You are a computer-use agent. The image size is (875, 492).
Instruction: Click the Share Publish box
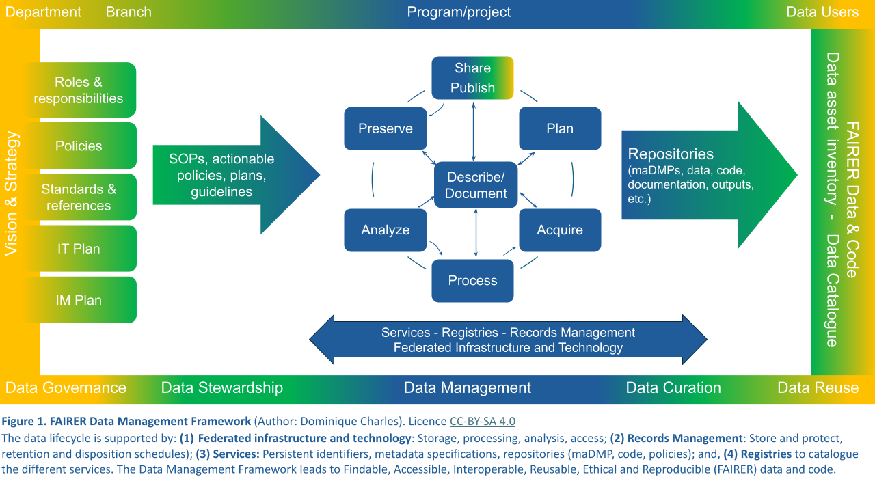(472, 77)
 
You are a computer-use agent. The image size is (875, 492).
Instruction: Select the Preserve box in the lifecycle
(386, 128)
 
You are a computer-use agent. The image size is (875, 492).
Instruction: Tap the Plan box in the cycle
(560, 128)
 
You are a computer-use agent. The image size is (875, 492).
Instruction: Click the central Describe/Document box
(476, 185)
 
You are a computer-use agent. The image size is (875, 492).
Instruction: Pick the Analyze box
(386, 230)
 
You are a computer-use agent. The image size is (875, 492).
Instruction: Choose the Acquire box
(560, 230)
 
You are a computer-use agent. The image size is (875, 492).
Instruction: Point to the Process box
(472, 281)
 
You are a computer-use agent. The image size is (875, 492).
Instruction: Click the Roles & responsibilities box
(79, 90)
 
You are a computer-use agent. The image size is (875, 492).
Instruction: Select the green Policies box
(79, 146)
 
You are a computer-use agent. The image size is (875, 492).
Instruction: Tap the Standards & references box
(79, 197)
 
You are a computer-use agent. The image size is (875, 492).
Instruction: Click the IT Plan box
(79, 249)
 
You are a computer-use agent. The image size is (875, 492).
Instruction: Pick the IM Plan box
(79, 300)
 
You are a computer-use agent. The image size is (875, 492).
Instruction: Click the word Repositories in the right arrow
(671, 154)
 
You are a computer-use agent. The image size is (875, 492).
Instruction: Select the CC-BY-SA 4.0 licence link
(482, 421)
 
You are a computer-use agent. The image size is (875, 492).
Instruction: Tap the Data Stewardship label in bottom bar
(221, 388)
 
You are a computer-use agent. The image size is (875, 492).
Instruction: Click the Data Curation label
(673, 388)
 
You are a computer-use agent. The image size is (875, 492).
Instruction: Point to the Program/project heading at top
(459, 12)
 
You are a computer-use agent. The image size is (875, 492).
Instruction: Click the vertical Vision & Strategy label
(12, 193)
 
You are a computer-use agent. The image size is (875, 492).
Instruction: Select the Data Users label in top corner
(822, 12)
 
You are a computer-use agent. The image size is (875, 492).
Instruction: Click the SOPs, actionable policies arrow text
(221, 176)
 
